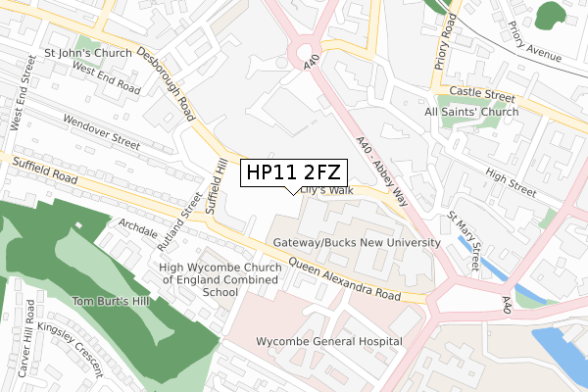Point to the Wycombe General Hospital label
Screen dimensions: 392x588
click(328, 341)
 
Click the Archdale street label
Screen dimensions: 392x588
click(137, 224)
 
